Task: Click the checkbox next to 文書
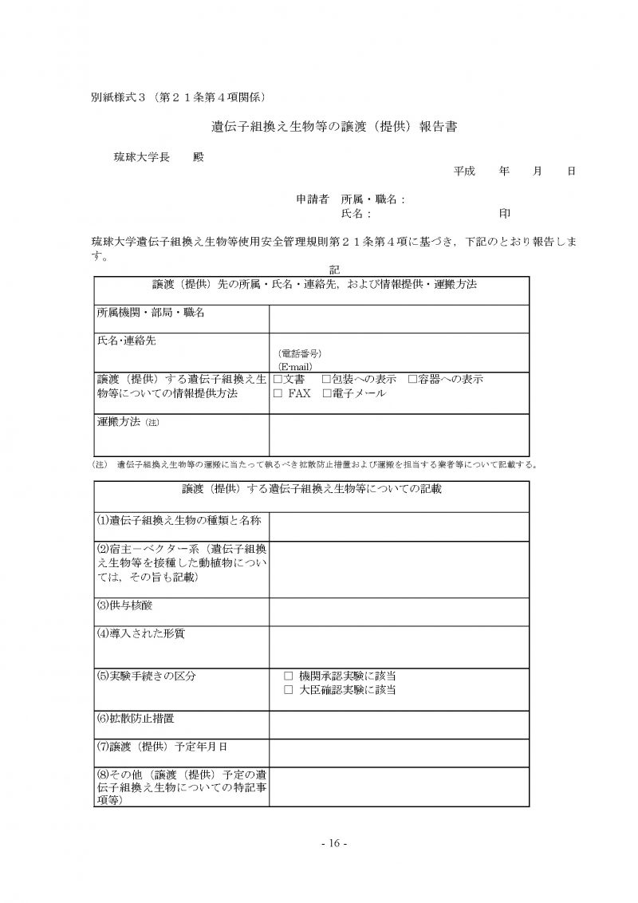278,379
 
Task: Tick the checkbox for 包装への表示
326,379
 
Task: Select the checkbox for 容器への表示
412,379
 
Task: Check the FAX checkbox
278,393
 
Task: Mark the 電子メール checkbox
326,393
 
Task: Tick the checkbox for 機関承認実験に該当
289,675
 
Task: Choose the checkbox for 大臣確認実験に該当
289,689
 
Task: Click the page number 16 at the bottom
334,843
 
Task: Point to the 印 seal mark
505,214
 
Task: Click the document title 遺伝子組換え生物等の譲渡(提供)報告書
333,126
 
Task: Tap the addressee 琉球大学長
143,157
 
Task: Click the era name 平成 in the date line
464,171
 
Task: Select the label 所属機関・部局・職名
151,313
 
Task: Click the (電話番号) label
300,353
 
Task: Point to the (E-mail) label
295,365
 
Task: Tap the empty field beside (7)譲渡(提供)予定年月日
399,752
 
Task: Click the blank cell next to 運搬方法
399,434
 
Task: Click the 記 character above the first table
334,270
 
